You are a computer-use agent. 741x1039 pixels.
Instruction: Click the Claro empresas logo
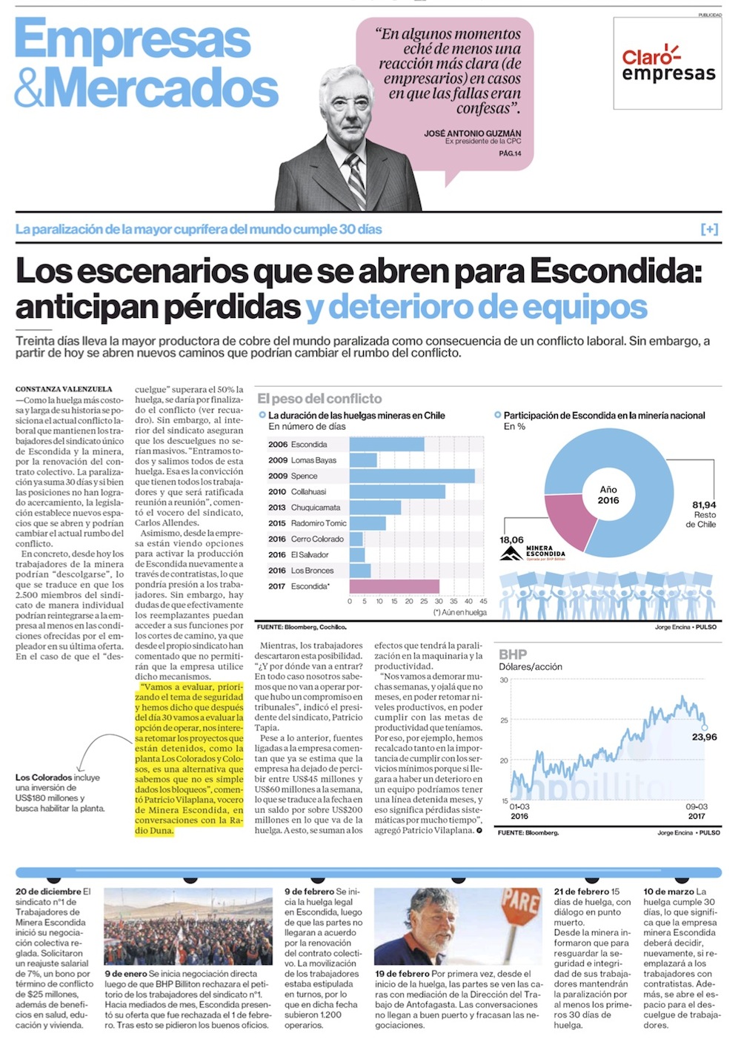[x=668, y=64]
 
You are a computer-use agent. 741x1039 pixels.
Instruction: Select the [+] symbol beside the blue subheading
[x=709, y=230]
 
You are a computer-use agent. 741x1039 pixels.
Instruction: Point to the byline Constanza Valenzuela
[x=64, y=388]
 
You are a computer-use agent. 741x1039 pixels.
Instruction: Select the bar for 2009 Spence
[x=412, y=476]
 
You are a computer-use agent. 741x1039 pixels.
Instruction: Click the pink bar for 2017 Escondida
[x=393, y=586]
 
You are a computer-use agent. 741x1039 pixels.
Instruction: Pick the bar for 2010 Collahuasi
[x=397, y=491]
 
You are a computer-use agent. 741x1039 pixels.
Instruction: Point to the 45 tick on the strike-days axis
[x=484, y=601]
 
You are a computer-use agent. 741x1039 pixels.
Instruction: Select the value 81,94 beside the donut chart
[x=703, y=505]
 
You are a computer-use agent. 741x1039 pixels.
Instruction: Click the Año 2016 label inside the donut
[x=608, y=495]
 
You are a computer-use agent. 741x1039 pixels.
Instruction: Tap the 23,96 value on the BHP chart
[x=704, y=737]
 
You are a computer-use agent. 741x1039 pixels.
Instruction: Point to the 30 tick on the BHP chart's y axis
[x=504, y=680]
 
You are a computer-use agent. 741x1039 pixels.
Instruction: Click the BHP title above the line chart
[x=513, y=654]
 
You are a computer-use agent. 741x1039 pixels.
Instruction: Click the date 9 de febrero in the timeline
[x=309, y=892]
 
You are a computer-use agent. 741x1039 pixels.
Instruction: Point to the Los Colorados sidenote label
[x=44, y=777]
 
